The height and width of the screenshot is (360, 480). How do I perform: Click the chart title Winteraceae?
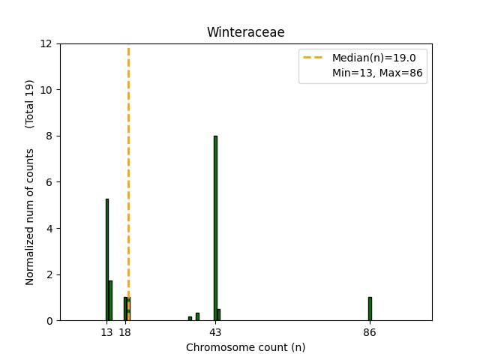(x=245, y=32)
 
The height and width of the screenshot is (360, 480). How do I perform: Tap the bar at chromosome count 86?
(x=370, y=309)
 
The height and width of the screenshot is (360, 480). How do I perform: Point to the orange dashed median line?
(x=128, y=150)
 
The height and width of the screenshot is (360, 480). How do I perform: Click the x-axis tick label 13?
(x=107, y=332)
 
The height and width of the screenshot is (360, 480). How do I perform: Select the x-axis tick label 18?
(x=125, y=332)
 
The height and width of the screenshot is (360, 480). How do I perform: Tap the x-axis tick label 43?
(x=215, y=332)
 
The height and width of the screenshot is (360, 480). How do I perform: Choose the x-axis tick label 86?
(x=370, y=332)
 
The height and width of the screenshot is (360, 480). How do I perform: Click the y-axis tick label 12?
(x=47, y=43)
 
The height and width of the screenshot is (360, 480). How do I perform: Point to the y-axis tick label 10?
(x=47, y=90)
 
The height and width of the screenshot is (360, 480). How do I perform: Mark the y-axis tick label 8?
(x=50, y=136)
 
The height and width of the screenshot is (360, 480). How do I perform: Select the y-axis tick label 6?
(x=50, y=182)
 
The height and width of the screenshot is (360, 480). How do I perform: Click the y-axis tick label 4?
(x=50, y=228)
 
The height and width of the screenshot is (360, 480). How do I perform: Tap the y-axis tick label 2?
(x=50, y=274)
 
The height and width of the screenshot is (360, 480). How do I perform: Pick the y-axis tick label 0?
(x=50, y=321)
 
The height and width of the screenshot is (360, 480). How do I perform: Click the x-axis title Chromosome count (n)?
(x=245, y=347)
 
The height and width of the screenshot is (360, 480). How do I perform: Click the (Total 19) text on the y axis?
(x=30, y=103)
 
